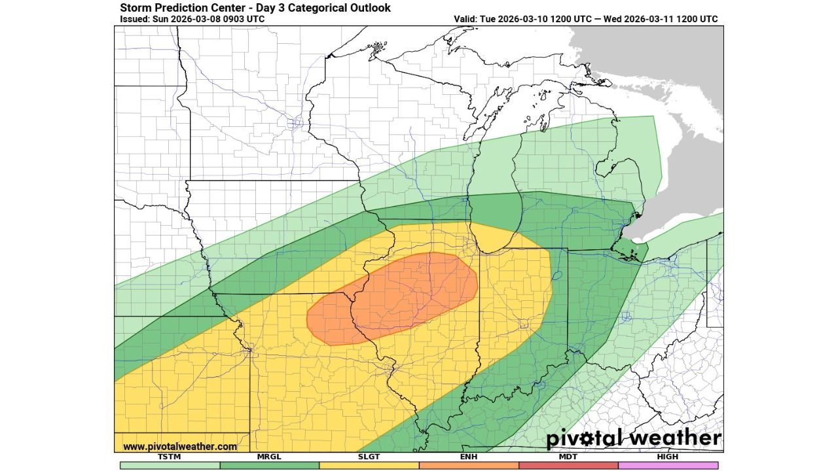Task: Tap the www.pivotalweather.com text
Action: click(x=180, y=446)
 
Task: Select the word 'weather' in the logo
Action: click(x=678, y=438)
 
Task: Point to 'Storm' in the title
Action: click(x=136, y=8)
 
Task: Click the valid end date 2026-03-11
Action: click(x=648, y=19)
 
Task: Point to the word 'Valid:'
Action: click(x=467, y=19)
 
